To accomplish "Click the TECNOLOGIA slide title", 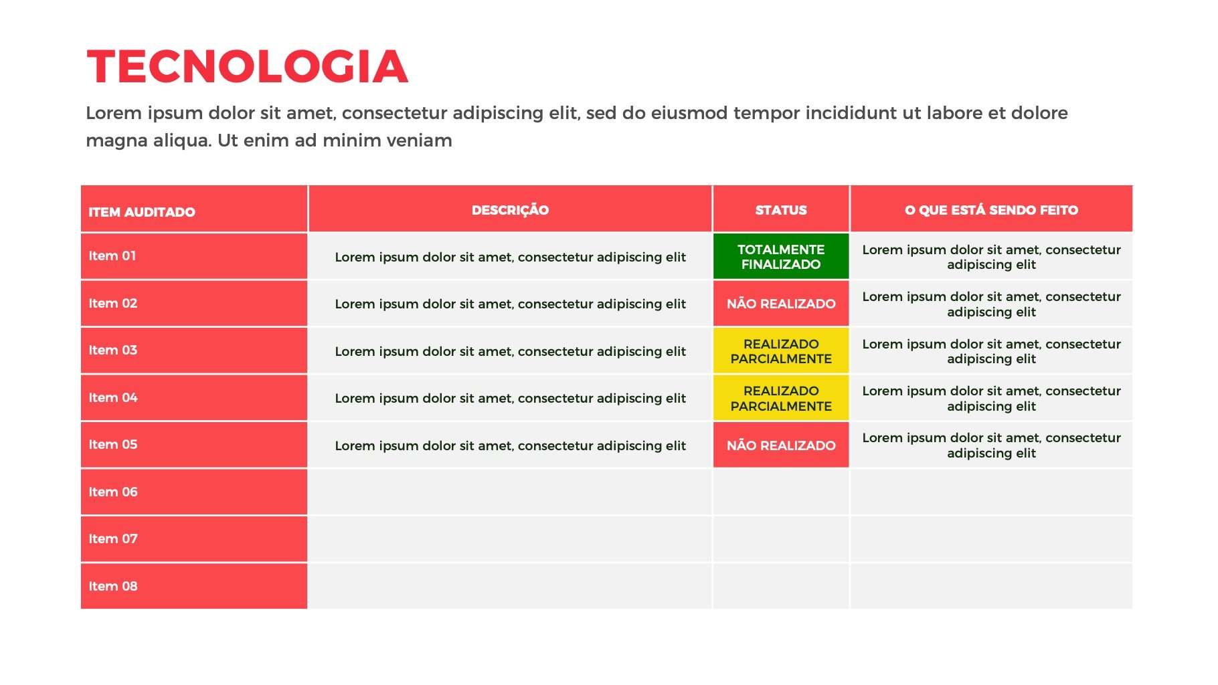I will tap(247, 67).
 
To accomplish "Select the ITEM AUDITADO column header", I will tap(142, 212).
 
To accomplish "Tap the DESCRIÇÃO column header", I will tap(510, 210).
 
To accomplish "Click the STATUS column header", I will tap(781, 210).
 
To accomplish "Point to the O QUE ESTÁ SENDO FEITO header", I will tap(991, 210).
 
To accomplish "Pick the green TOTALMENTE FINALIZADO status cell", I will tap(781, 257).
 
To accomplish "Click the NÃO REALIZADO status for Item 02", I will tap(781, 304).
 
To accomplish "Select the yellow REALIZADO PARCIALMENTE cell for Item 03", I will tap(781, 351).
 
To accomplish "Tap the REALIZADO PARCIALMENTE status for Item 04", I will tap(781, 398).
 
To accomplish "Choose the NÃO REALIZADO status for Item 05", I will tap(781, 446).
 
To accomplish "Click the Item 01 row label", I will tap(112, 256).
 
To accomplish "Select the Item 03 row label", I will tap(113, 350).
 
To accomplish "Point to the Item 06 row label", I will tap(113, 492).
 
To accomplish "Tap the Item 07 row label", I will tap(113, 539).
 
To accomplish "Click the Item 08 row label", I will tap(113, 586).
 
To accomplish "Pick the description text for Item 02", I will tap(510, 304).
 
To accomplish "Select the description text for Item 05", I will tap(510, 446).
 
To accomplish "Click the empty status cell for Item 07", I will tap(781, 539).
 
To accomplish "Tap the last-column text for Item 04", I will tap(991, 398).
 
